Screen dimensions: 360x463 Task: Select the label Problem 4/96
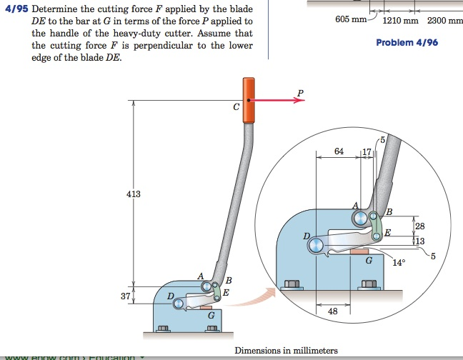point(407,43)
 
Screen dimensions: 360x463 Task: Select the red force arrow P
point(279,101)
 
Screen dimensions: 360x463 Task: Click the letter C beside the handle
point(236,107)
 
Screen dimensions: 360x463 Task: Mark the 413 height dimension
point(134,194)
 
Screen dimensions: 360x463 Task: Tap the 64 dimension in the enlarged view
point(339,151)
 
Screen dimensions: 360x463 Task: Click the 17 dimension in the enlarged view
point(367,151)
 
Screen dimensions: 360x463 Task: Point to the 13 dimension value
point(419,241)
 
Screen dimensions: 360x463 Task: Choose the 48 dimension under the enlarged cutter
point(333,311)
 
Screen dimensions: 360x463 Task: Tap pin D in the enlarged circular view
point(315,245)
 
